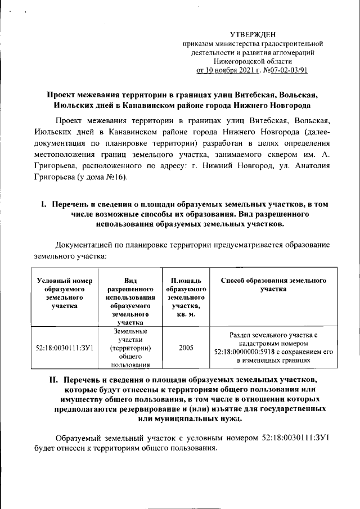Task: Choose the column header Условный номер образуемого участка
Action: [64, 293]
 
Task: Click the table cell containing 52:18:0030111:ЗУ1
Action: [64, 348]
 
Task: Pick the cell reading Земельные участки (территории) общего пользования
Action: [130, 348]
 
